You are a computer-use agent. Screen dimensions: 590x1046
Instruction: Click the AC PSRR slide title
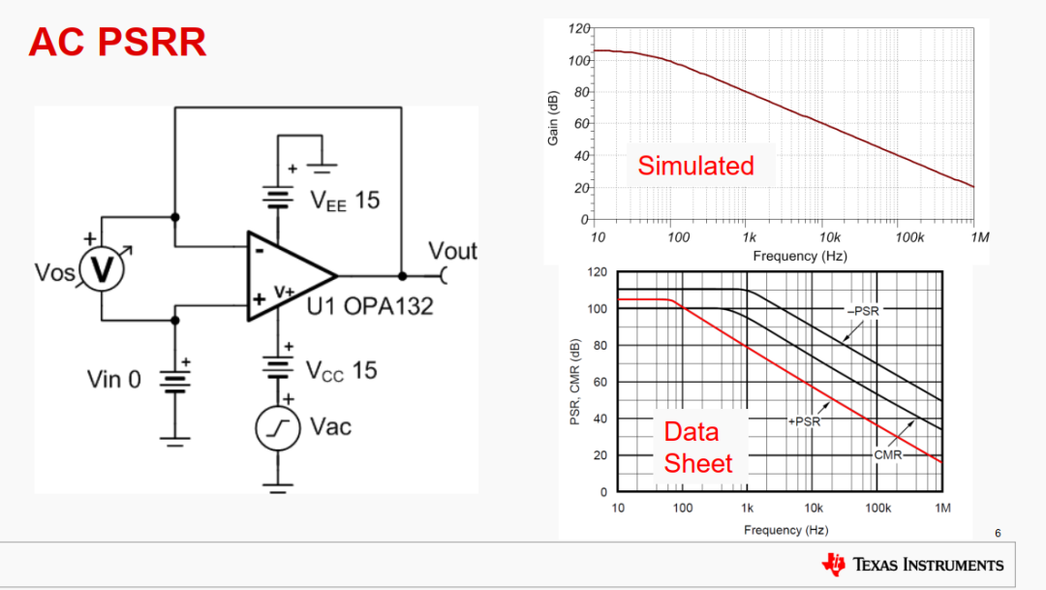pos(117,43)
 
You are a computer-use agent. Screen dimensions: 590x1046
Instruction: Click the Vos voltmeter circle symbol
pos(102,272)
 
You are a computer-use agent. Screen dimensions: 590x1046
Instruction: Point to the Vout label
pos(452,251)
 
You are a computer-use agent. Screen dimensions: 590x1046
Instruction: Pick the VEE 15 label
pos(345,202)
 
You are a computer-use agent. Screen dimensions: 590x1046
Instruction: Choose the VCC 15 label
pos(342,370)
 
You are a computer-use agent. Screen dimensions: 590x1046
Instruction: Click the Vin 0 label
pos(114,379)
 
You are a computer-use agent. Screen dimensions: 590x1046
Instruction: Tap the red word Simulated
pos(695,166)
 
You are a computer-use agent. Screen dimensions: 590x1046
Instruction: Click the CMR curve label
pos(888,453)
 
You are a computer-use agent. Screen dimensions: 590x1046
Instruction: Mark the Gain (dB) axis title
pos(553,117)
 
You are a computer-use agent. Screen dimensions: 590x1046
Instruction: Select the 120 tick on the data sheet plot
pos(598,273)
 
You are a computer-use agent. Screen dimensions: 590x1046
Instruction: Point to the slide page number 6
pos(998,533)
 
